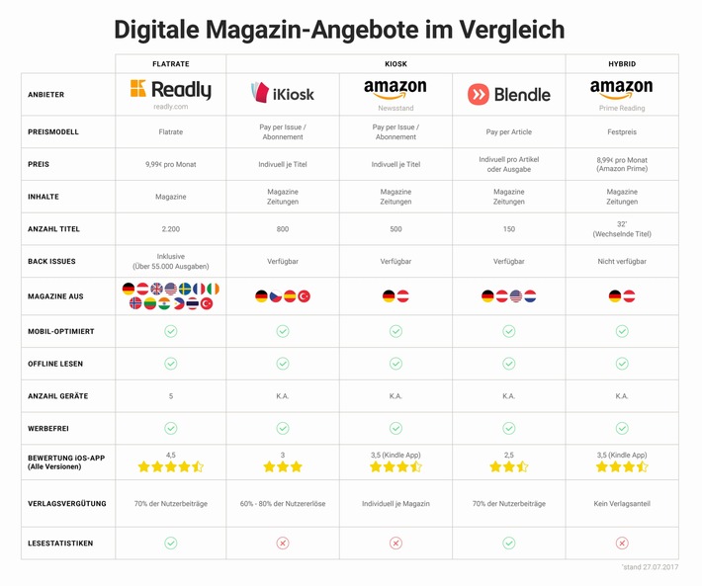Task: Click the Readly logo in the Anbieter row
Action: tap(170, 91)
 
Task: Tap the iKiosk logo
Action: tap(283, 93)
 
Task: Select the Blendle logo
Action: tap(508, 95)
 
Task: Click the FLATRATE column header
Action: tap(170, 63)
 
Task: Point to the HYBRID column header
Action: tap(622, 63)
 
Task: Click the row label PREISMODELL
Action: tap(54, 131)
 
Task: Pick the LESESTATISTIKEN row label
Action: tap(60, 543)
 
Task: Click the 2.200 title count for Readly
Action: tap(170, 229)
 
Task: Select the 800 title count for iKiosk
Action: tap(283, 229)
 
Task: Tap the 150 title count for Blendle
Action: tap(508, 229)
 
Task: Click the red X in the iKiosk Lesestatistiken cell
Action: tap(283, 543)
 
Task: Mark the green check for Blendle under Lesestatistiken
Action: tap(508, 543)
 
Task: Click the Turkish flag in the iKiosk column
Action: tap(304, 296)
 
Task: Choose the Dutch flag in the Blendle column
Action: tap(530, 296)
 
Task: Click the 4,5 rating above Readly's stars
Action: tap(170, 456)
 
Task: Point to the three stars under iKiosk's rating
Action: tap(283, 467)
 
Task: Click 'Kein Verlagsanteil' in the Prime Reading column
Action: tap(622, 504)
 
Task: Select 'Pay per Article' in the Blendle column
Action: tap(508, 131)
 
